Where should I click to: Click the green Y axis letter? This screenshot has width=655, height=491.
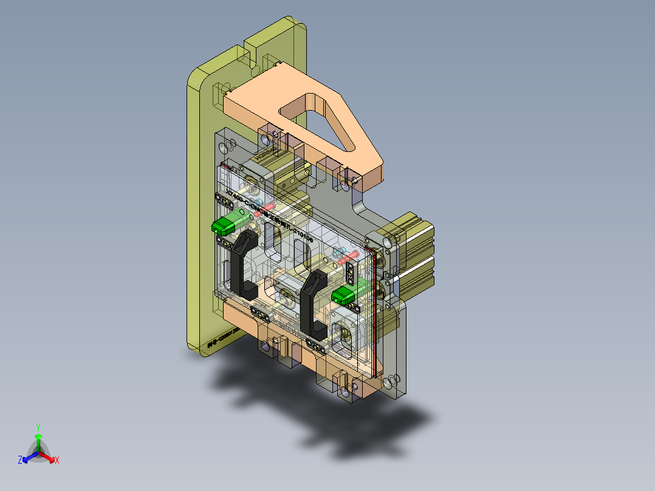tap(38, 427)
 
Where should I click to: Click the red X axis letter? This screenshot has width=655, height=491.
tap(57, 461)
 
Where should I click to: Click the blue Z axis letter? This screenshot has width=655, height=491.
tap(20, 461)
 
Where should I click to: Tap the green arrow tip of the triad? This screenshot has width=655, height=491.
tap(38, 437)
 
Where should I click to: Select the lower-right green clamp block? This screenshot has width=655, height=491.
tap(344, 295)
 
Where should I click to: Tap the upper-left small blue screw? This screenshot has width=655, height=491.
tap(260, 201)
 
